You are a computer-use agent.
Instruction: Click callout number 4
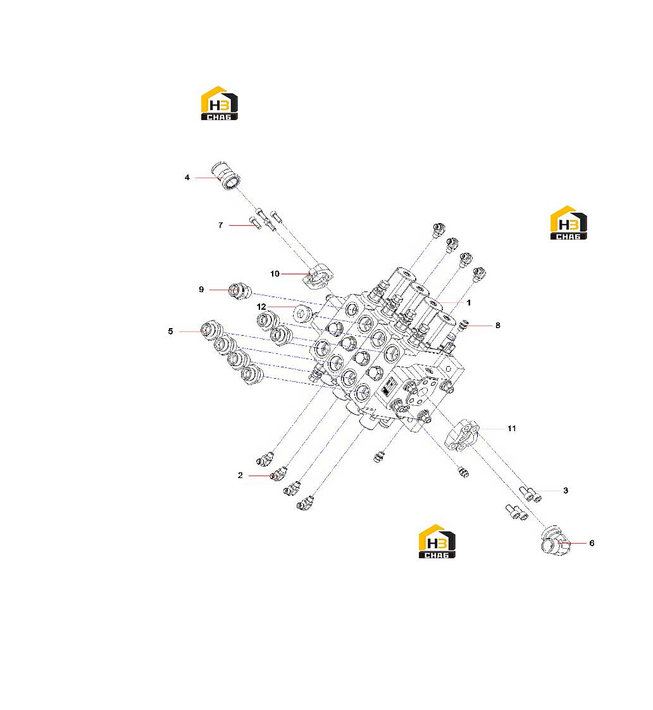[187, 178]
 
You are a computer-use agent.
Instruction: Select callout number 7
[221, 225]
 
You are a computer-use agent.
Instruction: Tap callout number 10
[275, 274]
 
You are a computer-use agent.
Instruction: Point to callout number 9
[202, 290]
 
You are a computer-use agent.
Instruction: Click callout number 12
[261, 307]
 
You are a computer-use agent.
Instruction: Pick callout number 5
[170, 331]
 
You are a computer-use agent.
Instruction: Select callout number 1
[469, 302]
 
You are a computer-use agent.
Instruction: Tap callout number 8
[497, 325]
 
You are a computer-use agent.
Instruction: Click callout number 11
[512, 429]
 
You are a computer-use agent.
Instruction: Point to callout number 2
[240, 475]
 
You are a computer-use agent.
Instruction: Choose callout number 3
[566, 491]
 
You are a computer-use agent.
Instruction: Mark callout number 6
[592, 543]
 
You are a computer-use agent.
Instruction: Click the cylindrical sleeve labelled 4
[226, 176]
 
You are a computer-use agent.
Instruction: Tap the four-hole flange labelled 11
[462, 435]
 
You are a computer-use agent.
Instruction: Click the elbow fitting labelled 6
[556, 541]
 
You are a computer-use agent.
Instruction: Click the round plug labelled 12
[303, 313]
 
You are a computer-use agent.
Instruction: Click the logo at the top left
[220, 103]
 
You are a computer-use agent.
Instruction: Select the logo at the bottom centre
[437, 541]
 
